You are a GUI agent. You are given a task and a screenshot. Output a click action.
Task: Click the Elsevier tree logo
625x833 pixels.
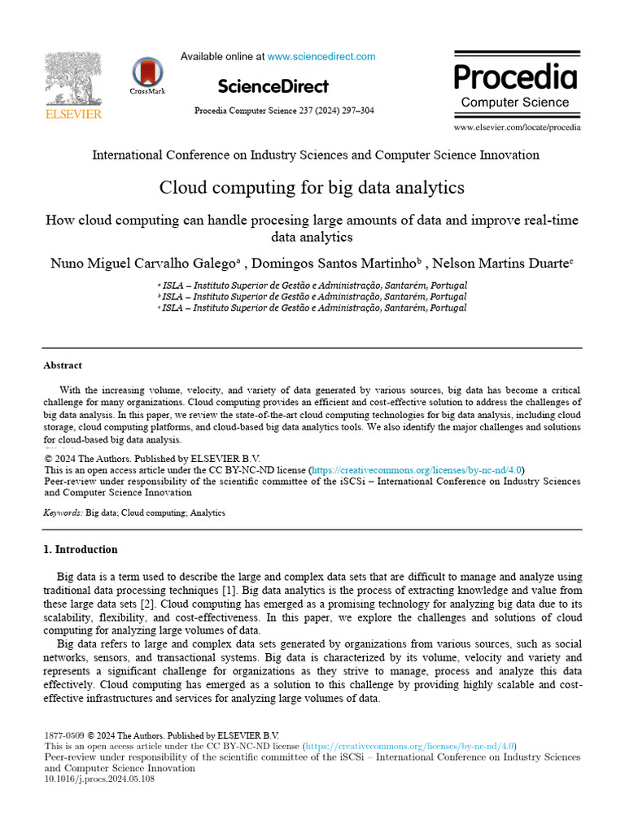(72, 79)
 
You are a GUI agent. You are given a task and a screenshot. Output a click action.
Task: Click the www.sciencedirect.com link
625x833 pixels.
(321, 57)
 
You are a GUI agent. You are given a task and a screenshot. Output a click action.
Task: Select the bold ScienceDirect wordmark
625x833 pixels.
(273, 86)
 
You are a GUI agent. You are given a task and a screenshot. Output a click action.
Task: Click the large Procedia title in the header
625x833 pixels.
(515, 77)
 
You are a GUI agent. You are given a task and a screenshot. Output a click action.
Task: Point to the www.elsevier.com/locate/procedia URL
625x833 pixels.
(517, 128)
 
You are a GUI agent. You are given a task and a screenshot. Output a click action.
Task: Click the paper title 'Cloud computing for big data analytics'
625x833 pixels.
(312, 188)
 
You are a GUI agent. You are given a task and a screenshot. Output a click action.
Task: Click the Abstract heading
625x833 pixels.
(63, 366)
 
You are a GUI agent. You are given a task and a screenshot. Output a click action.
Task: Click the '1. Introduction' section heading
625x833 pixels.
(80, 549)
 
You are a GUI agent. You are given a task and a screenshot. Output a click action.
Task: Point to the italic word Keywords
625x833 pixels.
(62, 513)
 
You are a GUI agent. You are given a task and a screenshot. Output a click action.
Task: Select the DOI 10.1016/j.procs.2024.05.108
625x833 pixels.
(98, 778)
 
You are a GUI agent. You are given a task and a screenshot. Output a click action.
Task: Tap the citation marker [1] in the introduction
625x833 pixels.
(229, 590)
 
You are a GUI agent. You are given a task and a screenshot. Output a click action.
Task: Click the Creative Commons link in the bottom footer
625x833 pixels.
(410, 746)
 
